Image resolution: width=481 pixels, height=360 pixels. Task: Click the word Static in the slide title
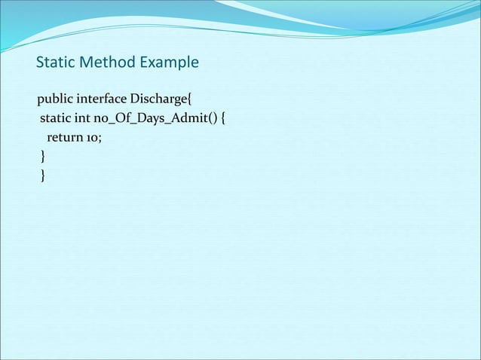[54, 62]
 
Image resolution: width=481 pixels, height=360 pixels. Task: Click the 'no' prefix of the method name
[101, 118]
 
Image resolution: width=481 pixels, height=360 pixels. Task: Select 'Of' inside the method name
[123, 118]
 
